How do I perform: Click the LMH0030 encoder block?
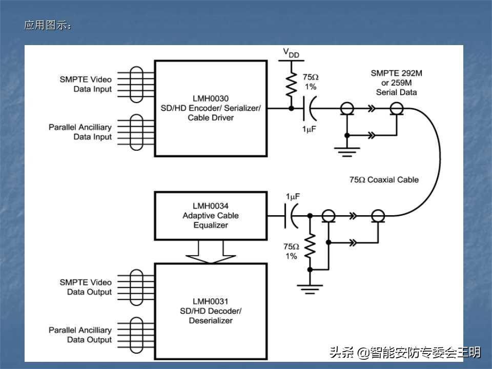point(211,108)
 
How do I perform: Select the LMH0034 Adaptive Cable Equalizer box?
point(211,215)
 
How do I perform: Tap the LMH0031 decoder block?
point(211,311)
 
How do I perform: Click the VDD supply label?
point(291,53)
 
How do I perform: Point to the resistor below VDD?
point(291,84)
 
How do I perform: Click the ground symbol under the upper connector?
point(347,150)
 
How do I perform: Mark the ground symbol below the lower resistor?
point(310,290)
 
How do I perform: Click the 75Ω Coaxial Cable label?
point(384,180)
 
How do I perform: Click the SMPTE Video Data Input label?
point(86,85)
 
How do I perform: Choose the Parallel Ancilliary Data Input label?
point(80,132)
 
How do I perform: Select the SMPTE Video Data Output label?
point(86,287)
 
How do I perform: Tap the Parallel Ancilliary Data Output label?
point(80,335)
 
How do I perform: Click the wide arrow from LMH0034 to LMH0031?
point(211,251)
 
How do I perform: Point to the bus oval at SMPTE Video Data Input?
point(136,85)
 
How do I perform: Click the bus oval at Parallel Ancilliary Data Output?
point(136,335)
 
